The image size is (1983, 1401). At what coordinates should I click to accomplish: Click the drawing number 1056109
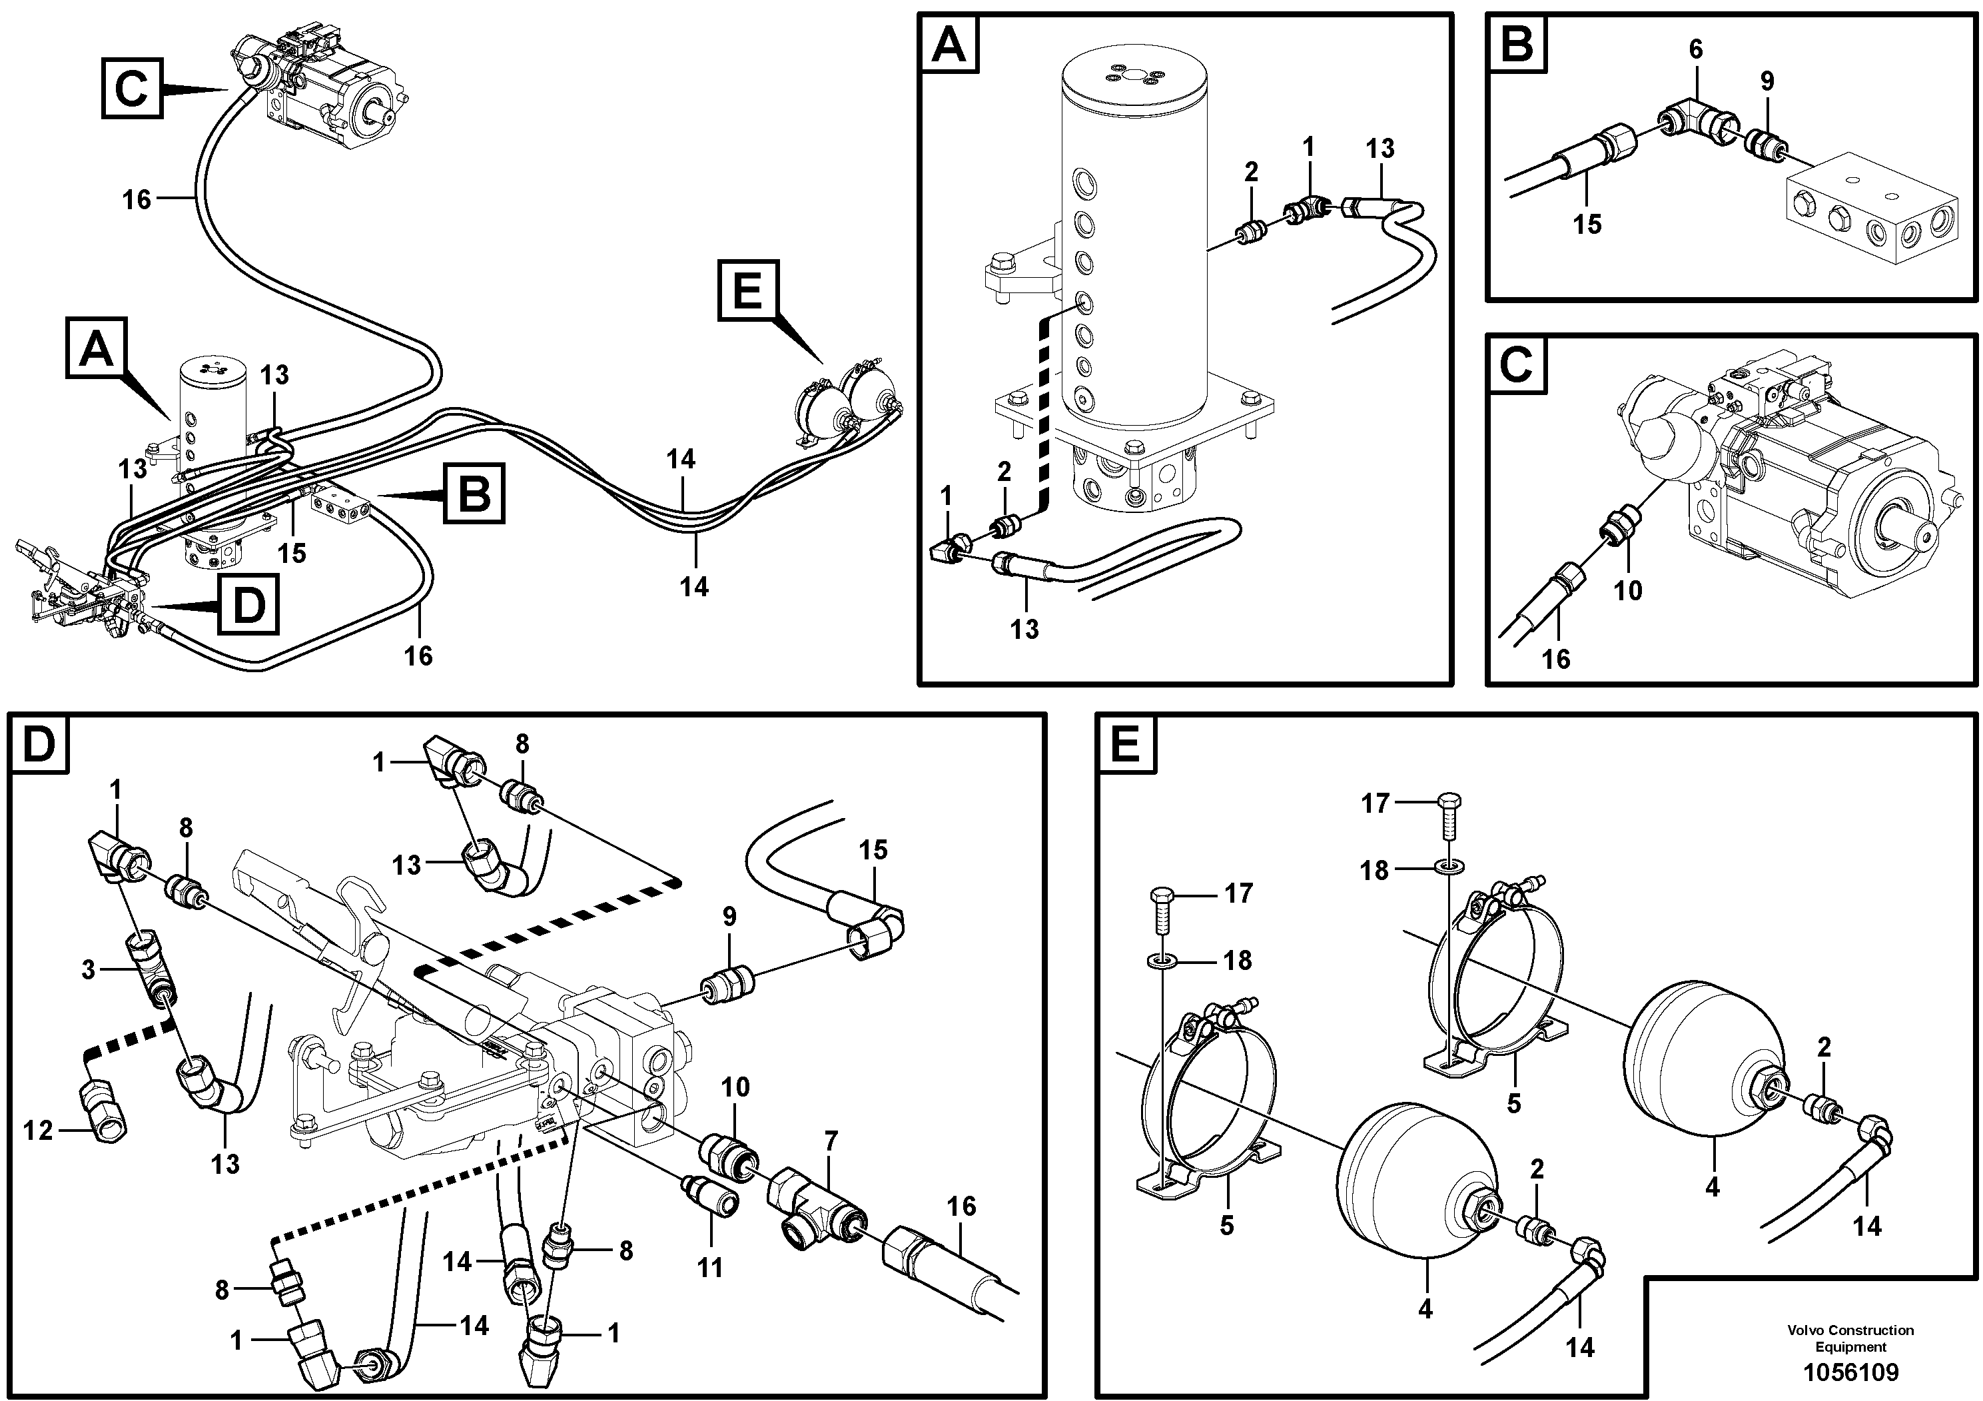click(x=1850, y=1372)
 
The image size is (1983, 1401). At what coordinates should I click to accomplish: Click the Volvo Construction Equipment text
click(x=1850, y=1338)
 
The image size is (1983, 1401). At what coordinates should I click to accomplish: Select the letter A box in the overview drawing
click(x=97, y=348)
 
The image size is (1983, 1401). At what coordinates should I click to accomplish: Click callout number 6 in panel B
click(x=1695, y=50)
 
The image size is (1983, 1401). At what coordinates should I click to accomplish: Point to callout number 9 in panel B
click(x=1767, y=81)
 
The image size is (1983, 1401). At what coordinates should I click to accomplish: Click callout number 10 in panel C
click(x=1627, y=591)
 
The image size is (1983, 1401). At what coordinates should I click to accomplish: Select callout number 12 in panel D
click(x=38, y=1131)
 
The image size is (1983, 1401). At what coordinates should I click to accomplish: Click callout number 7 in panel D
click(x=831, y=1142)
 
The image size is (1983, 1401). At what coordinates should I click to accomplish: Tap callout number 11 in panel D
click(x=710, y=1268)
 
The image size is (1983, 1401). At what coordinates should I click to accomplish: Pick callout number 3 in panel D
click(x=88, y=970)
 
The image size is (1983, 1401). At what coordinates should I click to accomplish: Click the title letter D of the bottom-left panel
click(x=38, y=743)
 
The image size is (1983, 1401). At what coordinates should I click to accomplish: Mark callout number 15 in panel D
click(x=873, y=850)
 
